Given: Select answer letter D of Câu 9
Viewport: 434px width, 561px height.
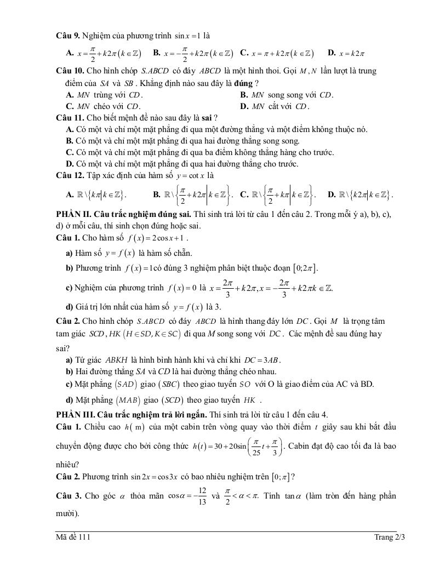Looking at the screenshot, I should [x=332, y=53].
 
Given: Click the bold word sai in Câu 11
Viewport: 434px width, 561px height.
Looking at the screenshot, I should [x=209, y=118].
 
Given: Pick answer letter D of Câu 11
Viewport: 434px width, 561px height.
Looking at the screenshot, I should [x=70, y=164].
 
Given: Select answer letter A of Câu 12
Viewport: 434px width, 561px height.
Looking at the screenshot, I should [x=70, y=194].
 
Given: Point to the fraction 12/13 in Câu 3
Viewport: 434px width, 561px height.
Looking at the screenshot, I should [x=202, y=496].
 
